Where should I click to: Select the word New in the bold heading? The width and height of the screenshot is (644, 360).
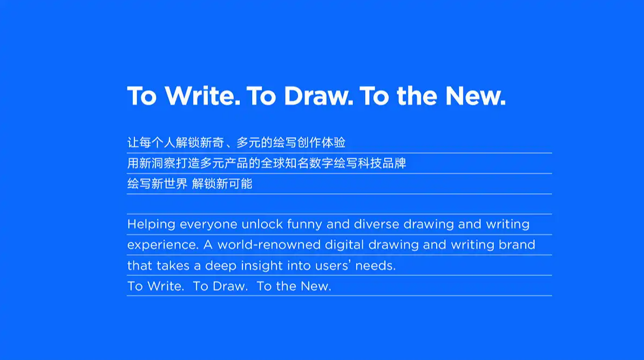click(476, 96)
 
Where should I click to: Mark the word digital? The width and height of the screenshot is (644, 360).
click(344, 245)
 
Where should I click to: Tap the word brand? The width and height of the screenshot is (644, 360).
click(517, 244)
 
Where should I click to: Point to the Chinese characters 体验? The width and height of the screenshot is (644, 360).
click(334, 143)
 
